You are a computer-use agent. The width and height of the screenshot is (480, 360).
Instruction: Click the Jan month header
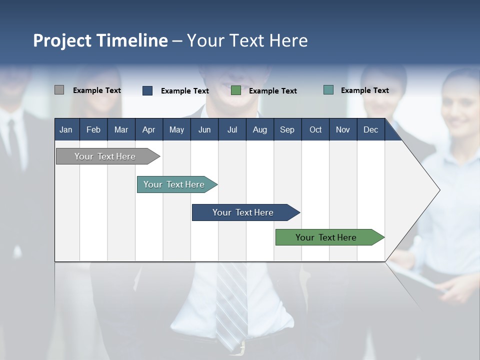click(x=66, y=129)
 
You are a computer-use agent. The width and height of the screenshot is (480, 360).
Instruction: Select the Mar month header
click(x=121, y=129)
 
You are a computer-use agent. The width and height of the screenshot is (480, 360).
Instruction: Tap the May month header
click(x=176, y=129)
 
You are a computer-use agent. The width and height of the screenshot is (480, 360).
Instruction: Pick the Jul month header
click(x=232, y=129)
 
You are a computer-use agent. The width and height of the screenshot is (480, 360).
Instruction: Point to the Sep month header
click(x=287, y=129)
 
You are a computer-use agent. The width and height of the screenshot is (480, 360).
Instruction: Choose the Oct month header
click(x=315, y=129)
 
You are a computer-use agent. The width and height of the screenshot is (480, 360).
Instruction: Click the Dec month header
click(x=370, y=129)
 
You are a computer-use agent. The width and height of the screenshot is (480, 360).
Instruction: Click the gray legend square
click(x=59, y=90)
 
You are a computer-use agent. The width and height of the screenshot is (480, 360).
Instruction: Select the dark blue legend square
click(x=147, y=90)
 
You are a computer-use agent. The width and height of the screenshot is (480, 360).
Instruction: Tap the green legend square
click(x=236, y=90)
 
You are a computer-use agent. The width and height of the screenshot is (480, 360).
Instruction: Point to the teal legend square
click(x=328, y=90)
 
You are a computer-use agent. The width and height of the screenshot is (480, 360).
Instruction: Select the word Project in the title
click(x=61, y=40)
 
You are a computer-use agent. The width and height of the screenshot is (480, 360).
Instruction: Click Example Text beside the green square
click(x=272, y=91)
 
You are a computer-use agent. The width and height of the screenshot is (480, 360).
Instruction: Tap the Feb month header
click(x=93, y=129)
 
